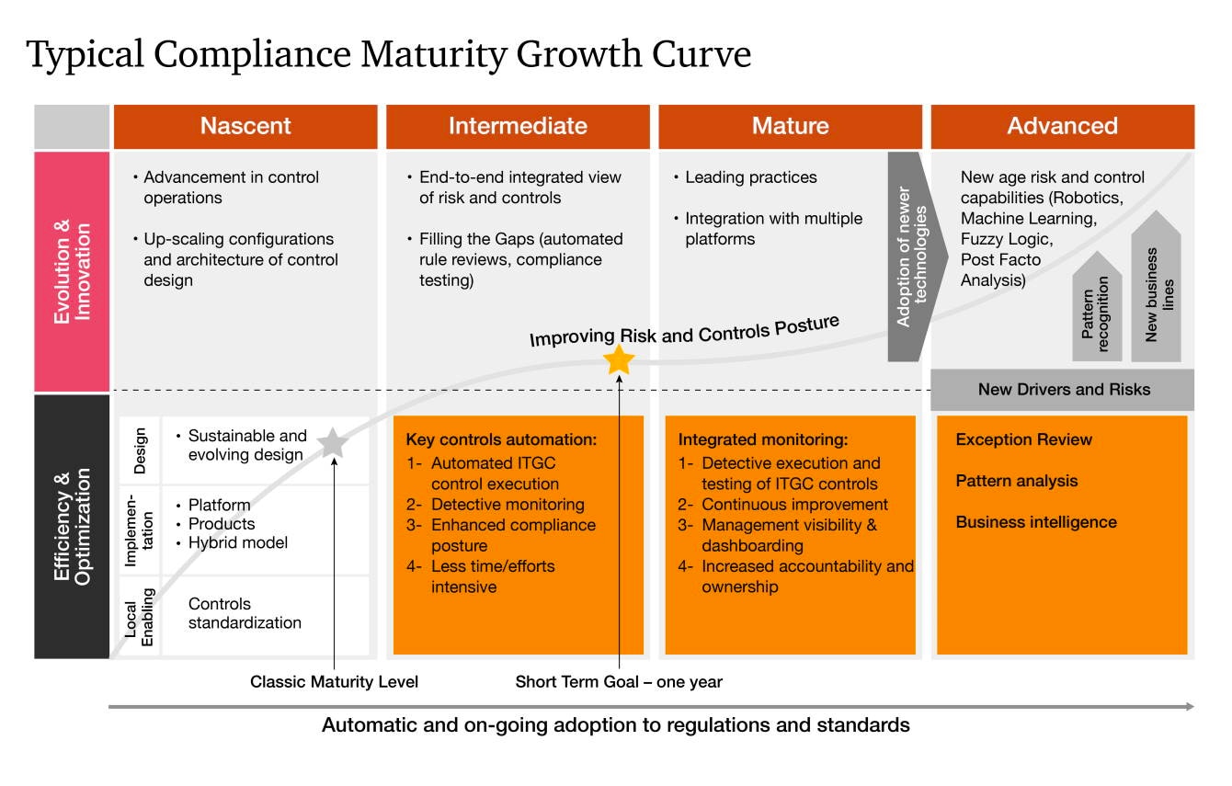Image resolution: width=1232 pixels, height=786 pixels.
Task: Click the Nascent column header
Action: [245, 127]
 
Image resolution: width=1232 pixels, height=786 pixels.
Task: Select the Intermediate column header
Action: [518, 127]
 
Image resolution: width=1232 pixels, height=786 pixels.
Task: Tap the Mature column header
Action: [790, 127]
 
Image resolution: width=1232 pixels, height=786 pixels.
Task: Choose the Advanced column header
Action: [1062, 127]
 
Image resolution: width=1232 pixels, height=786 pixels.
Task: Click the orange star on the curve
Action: [619, 359]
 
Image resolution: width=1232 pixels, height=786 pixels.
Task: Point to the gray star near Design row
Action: [333, 443]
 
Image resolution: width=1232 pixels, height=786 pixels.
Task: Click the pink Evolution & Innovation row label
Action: [72, 272]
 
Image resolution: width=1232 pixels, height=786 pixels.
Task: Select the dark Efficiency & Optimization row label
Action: [72, 527]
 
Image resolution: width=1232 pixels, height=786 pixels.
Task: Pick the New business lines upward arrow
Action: [1156, 287]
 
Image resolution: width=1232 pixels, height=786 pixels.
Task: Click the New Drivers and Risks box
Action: [1062, 390]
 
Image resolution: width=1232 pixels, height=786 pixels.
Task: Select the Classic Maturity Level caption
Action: [334, 681]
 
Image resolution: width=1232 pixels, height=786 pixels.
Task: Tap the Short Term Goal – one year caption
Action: [619, 681]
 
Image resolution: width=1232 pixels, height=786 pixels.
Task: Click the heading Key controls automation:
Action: [501, 439]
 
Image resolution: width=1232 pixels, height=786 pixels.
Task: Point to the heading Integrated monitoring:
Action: [763, 439]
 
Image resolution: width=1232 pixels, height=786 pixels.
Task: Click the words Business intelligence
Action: [1036, 522]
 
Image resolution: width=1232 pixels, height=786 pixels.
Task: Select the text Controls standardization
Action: [245, 613]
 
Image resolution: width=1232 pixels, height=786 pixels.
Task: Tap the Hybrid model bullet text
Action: [237, 543]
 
